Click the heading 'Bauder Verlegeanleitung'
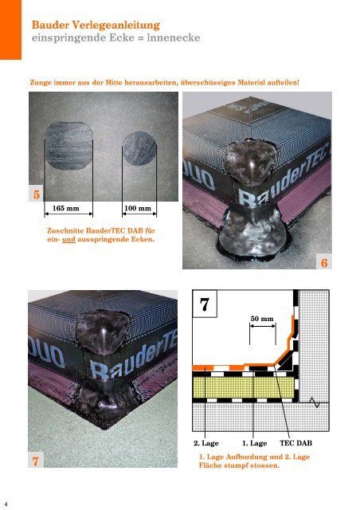tap(96, 25)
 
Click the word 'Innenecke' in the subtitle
tap(174, 37)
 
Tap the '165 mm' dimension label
tap(65, 208)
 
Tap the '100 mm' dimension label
tap(138, 208)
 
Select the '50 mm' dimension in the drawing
tap(262, 319)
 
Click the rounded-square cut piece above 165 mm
tap(68, 147)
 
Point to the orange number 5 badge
tap(36, 194)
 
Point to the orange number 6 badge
tap(324, 262)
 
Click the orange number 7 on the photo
tap(36, 461)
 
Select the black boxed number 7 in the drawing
tap(205, 304)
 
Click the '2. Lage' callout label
tap(206, 443)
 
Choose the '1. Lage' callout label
tap(254, 443)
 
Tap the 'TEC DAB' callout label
tap(296, 443)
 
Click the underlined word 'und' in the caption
tap(68, 240)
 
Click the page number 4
tap(6, 504)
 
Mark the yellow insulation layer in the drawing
tap(245, 387)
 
